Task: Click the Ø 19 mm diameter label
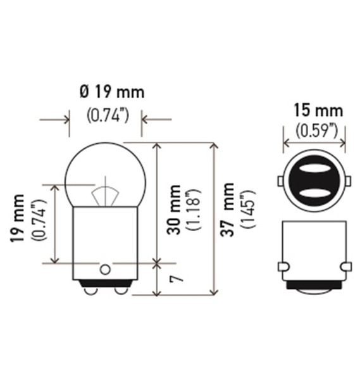tap(111, 92)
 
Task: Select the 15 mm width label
tap(318, 111)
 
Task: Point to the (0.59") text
tap(314, 131)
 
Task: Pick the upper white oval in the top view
tap(314, 170)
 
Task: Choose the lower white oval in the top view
tap(314, 193)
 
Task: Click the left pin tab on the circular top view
tap(280, 182)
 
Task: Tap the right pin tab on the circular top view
tap(349, 182)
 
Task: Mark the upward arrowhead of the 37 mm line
tap(213, 147)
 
